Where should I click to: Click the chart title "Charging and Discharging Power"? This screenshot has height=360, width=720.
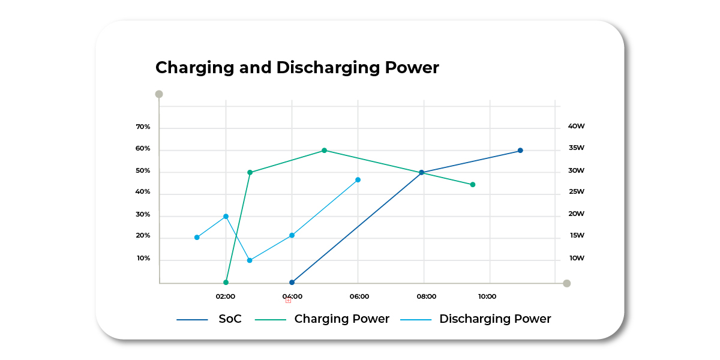[x=297, y=68]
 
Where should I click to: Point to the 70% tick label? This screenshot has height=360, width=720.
[x=143, y=127]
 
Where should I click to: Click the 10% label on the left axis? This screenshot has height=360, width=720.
[x=143, y=259]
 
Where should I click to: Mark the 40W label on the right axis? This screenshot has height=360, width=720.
[x=576, y=127]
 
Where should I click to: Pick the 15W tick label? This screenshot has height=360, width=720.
[x=577, y=236]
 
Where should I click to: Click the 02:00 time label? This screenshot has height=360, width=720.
[x=226, y=296]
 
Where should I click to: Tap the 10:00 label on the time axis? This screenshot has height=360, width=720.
[x=487, y=296]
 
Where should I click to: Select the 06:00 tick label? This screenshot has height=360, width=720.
[x=359, y=296]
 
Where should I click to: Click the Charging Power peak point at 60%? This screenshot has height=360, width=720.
[x=324, y=151]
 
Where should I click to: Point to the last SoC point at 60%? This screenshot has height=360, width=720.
[x=520, y=151]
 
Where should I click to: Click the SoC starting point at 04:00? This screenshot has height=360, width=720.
[x=292, y=282]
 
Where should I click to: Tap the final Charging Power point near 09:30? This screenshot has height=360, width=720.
[x=473, y=185]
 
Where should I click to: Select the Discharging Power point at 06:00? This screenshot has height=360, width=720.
[x=358, y=180]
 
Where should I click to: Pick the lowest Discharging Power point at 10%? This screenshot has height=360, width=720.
[x=250, y=260]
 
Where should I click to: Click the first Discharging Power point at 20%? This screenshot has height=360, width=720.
[x=197, y=238]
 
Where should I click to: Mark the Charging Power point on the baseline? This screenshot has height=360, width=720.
[x=226, y=282]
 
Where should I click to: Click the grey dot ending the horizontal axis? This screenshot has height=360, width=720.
[x=566, y=283]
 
